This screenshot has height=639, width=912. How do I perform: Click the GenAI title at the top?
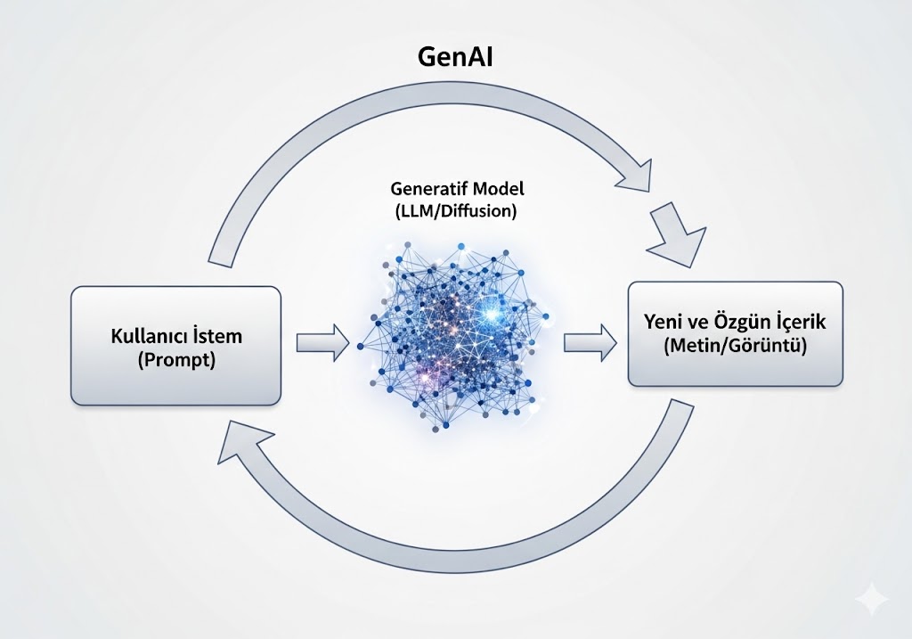tap(456, 56)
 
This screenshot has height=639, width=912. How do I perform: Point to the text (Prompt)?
tap(176, 362)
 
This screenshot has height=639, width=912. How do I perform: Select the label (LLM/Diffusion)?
tap(455, 212)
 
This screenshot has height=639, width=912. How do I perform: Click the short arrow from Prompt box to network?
tap(322, 343)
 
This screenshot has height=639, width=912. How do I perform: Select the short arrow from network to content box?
tap(590, 343)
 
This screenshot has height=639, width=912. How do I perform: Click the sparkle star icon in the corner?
tap(871, 599)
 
